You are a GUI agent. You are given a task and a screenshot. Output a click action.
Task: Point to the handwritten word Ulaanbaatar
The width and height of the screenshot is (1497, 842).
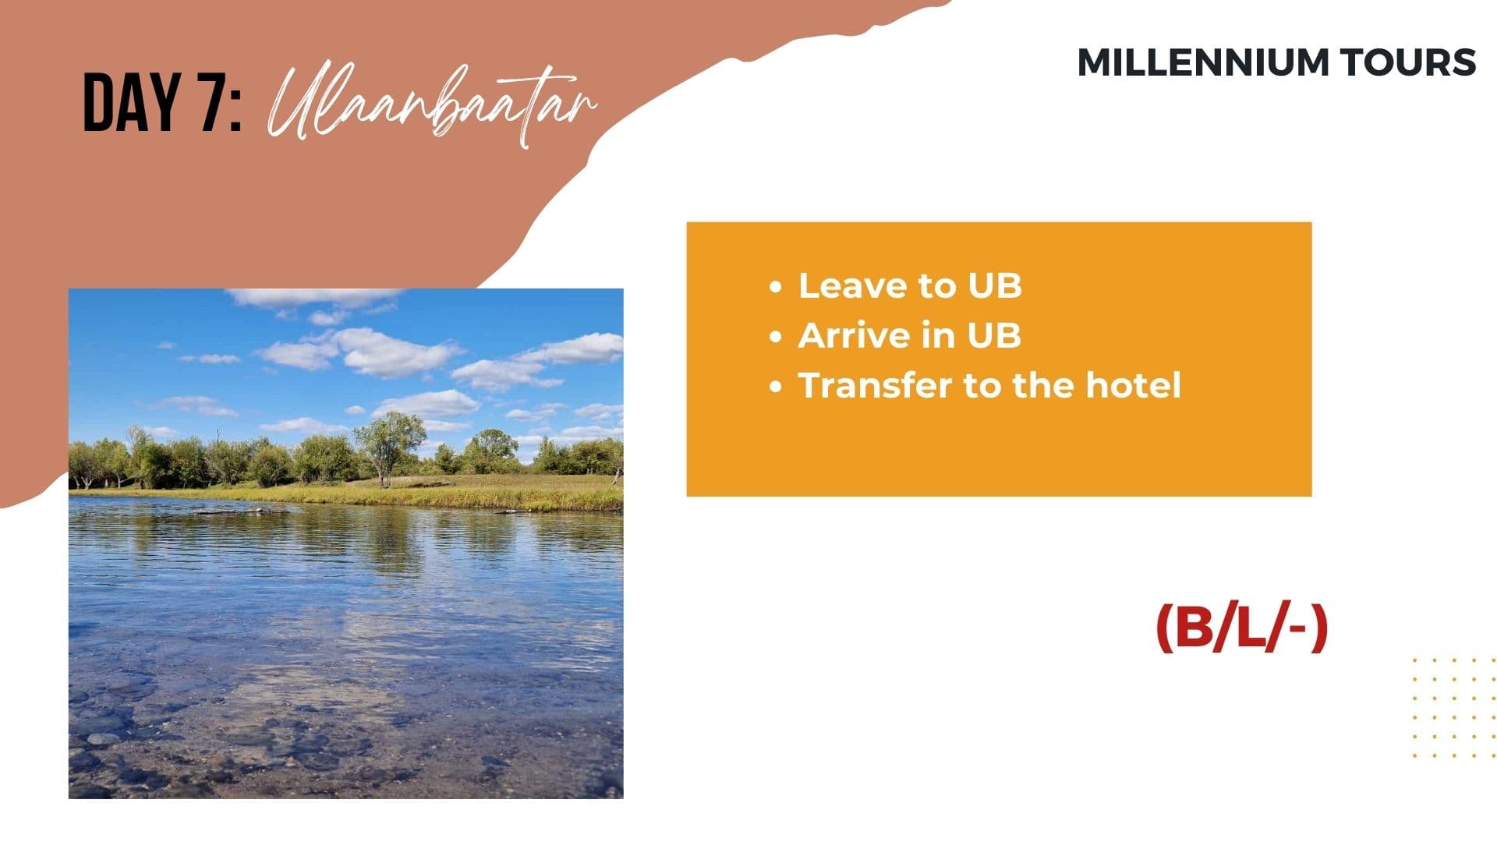coord(433,104)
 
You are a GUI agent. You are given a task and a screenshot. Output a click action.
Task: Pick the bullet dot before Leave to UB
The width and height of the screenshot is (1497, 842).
coord(775,287)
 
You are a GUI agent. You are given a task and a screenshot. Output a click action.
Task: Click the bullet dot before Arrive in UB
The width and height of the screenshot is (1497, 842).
coord(775,337)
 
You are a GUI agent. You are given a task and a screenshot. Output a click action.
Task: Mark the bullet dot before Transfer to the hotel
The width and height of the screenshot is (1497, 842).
coord(775,387)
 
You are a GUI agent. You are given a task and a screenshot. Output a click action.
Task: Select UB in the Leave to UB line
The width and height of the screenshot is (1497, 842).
coord(995,286)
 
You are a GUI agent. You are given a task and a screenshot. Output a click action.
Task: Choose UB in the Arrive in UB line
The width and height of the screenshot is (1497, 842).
coord(994,336)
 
